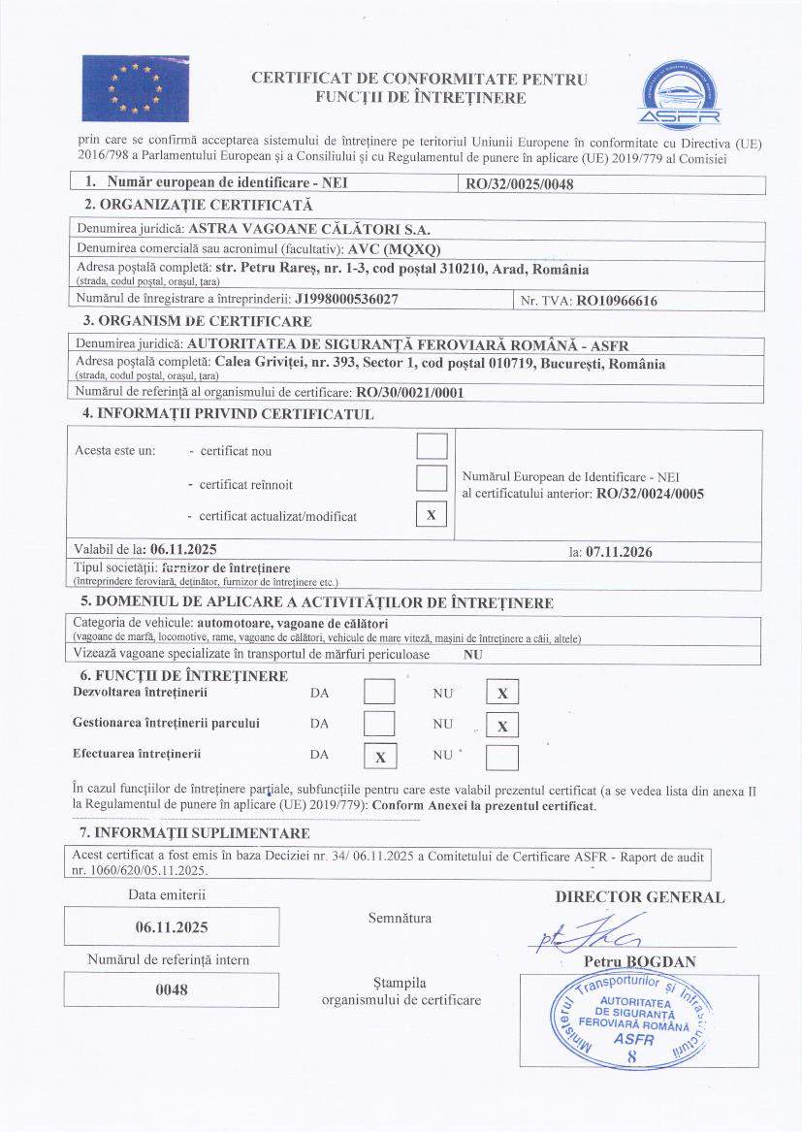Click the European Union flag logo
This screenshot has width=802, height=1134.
point(135,85)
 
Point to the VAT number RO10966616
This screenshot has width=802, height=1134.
point(617,301)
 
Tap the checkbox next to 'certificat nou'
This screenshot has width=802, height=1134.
point(432,445)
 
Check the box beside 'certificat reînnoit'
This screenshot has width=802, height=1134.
point(432,478)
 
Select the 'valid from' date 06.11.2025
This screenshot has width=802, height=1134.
point(183,548)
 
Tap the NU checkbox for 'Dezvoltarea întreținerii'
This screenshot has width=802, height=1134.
point(501,693)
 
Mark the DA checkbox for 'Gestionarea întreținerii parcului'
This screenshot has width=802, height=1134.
point(379,724)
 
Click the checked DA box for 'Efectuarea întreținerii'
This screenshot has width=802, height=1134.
point(380,757)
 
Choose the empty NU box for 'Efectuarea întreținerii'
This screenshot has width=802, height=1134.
point(501,757)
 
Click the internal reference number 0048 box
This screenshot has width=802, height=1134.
point(172,989)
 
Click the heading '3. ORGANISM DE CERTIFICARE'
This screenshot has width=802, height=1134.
point(198,321)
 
